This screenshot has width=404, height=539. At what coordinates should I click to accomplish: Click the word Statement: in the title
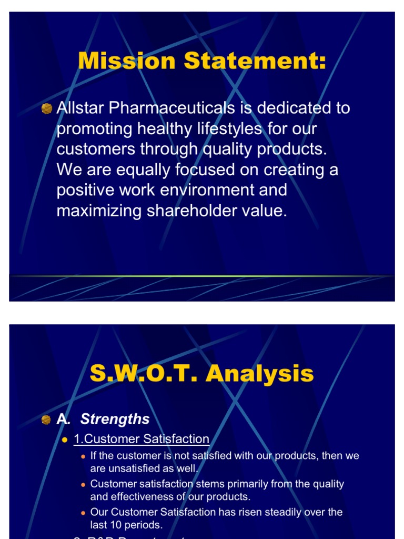255,61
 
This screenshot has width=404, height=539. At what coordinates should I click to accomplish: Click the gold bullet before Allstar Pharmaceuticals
47,108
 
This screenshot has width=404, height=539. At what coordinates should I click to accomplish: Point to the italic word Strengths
115,419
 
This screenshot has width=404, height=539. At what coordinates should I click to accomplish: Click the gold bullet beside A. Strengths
47,419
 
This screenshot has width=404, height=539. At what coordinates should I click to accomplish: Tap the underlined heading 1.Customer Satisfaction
142,439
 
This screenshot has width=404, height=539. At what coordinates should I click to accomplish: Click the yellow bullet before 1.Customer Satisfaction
65,440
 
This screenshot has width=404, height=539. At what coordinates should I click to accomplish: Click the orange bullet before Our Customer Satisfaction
83,512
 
